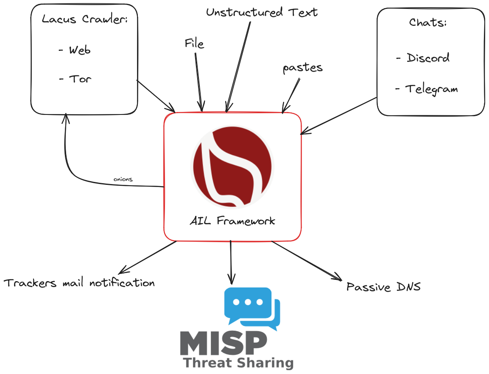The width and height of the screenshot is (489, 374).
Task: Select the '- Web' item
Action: [75, 50]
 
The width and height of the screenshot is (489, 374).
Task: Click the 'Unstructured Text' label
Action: [262, 12]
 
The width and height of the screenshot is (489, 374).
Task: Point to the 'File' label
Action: [194, 44]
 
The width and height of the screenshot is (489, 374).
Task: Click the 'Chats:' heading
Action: [428, 22]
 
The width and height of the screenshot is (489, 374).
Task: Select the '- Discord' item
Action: [423, 58]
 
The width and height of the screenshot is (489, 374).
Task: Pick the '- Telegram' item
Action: [426, 89]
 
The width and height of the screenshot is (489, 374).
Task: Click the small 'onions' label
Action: [123, 179]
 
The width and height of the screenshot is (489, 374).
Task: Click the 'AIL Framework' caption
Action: [232, 221]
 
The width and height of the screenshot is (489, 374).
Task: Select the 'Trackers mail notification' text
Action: [79, 283]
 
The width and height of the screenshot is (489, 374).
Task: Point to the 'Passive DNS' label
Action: [383, 287]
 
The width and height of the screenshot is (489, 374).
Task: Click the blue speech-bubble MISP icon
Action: [252, 307]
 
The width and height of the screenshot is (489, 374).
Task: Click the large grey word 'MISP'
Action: [224, 343]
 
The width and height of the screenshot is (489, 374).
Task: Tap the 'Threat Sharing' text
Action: [238, 363]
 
